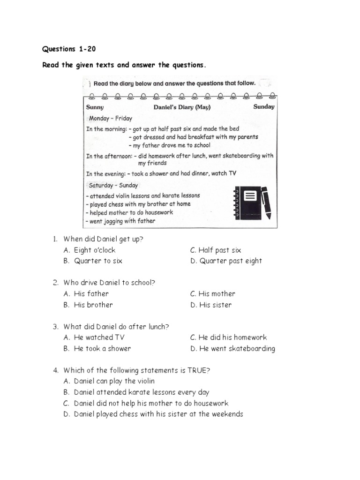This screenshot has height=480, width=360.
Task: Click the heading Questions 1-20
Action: [x=69, y=49]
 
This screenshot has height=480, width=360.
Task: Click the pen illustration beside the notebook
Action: [x=265, y=202]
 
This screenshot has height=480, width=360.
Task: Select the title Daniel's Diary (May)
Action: [x=182, y=107]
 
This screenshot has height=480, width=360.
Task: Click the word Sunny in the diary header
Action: [x=95, y=107]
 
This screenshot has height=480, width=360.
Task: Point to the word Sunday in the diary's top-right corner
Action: [x=264, y=106]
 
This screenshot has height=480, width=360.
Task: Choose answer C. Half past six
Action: [x=216, y=250]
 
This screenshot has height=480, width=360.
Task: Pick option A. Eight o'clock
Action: [x=90, y=250]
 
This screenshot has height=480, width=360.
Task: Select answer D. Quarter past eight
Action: [x=226, y=261]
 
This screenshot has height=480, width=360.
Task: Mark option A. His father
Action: [x=86, y=294]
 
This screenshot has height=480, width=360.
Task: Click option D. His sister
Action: [x=211, y=305]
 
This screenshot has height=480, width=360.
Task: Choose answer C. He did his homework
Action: [x=228, y=337]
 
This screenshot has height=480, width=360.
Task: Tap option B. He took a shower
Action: [x=97, y=349]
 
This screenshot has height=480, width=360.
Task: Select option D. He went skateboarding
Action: [x=232, y=349]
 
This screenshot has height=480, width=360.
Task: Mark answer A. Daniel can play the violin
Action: [x=109, y=382]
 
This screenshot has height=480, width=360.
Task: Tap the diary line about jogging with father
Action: [x=120, y=221]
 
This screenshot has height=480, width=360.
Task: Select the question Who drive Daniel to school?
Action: [x=109, y=283]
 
